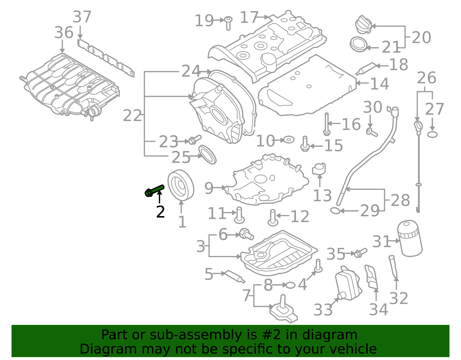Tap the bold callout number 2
point(160,212)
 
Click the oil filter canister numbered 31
point(409,238)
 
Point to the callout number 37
point(82,17)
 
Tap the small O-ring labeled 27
point(432,134)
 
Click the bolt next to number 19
point(228,23)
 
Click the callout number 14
point(379,84)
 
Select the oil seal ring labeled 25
point(207,154)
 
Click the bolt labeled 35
point(360,253)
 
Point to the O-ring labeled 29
point(335,211)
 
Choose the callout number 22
point(132,116)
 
